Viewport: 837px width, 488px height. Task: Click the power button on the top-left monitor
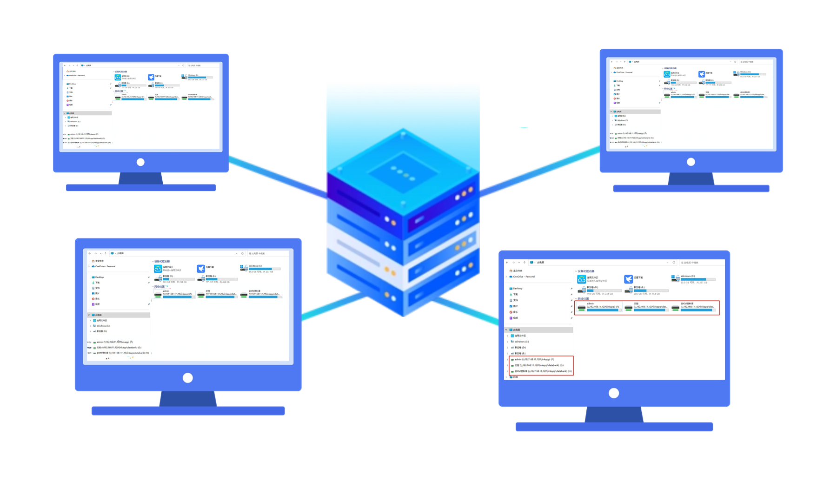(x=140, y=162)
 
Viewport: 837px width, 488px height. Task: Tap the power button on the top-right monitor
(x=691, y=162)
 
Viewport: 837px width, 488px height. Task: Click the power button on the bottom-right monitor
(x=614, y=393)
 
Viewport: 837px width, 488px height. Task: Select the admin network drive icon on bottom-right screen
(x=582, y=307)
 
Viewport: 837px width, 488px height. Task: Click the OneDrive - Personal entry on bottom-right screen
(x=523, y=277)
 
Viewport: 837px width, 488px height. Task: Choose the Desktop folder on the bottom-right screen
(x=517, y=288)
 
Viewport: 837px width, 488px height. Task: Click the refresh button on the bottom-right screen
(x=674, y=263)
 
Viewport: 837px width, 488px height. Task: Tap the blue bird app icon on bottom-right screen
(x=628, y=279)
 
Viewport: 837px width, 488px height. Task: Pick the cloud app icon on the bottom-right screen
(x=581, y=279)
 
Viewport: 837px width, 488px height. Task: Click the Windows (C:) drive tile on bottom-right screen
(x=693, y=278)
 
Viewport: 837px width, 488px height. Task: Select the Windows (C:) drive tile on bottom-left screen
(x=260, y=268)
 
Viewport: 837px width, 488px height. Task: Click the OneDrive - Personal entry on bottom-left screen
(x=105, y=266)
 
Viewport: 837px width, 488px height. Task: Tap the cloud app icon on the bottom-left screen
(x=158, y=269)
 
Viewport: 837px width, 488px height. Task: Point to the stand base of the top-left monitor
(x=140, y=188)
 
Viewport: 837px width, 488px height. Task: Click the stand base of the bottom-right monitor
(x=614, y=427)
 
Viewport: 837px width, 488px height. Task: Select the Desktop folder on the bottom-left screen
(x=99, y=277)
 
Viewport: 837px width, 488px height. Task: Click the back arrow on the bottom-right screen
(x=507, y=263)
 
